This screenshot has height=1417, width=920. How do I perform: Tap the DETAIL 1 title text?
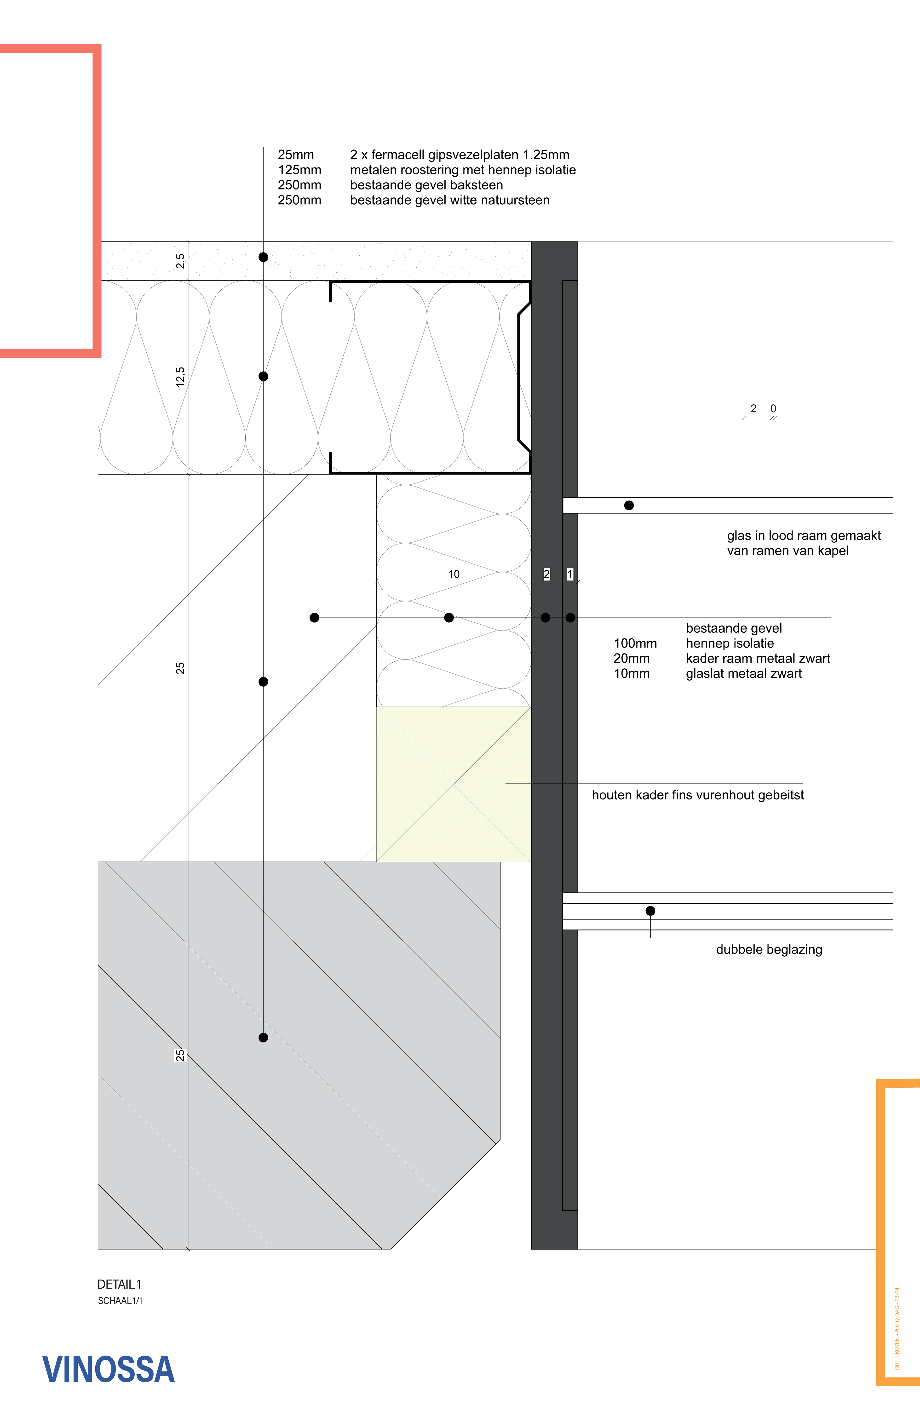[x=119, y=1284]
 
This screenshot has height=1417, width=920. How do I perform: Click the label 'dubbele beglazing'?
[x=769, y=950]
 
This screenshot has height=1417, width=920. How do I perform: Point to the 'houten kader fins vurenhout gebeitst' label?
[x=697, y=795]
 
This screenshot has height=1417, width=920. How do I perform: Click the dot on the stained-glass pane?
[x=629, y=505]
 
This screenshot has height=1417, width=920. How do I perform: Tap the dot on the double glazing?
[x=650, y=911]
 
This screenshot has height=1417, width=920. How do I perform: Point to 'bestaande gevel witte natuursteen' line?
[x=450, y=201]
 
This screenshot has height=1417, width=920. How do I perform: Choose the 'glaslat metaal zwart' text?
[x=744, y=674]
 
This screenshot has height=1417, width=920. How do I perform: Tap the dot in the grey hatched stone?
[x=263, y=1038]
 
